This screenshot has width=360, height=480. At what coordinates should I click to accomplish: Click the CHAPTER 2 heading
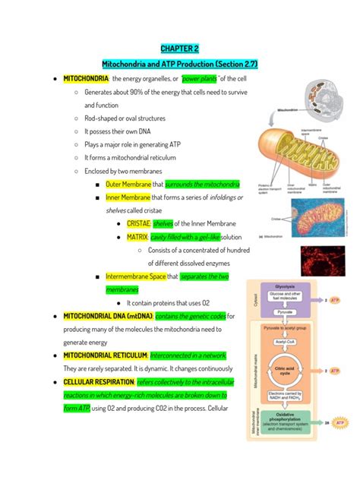179,49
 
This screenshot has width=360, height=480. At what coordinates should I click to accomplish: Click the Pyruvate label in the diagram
286,311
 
